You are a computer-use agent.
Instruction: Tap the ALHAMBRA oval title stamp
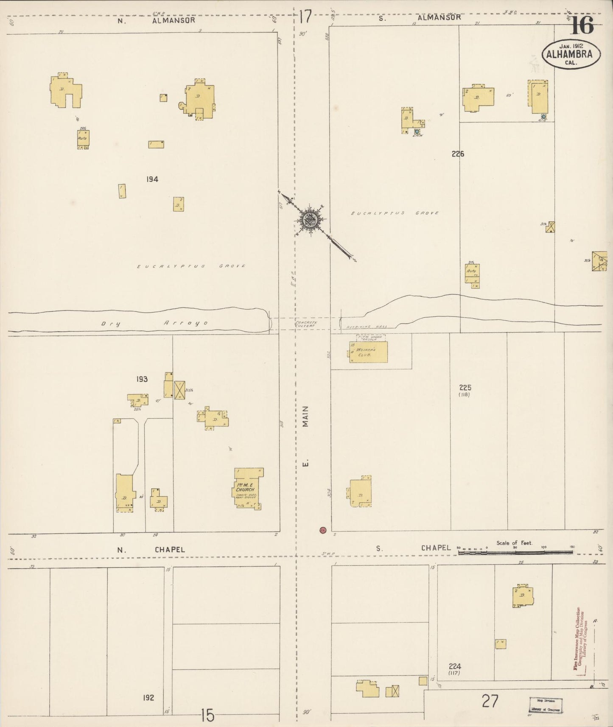coord(571,54)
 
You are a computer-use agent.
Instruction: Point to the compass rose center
coord(309,220)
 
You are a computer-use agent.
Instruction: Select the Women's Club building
coord(368,352)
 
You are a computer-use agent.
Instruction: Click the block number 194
coord(152,179)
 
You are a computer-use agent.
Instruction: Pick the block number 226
coord(458,154)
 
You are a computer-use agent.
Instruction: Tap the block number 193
coord(142,379)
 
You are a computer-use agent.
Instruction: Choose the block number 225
coord(465,387)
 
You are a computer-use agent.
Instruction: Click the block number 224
coord(454,666)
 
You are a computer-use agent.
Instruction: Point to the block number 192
coord(148,698)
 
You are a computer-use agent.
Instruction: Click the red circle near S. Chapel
coord(323,530)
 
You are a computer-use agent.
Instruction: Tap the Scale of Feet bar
coord(515,552)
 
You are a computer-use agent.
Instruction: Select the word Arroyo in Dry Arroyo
coord(186,323)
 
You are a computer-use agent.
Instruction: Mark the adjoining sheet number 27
coord(490,701)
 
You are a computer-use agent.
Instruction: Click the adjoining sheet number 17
coord(305,17)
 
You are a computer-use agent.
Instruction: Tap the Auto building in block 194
coord(83,139)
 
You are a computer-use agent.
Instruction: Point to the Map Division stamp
coord(546,705)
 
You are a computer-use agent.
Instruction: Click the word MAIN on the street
coord(305,416)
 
